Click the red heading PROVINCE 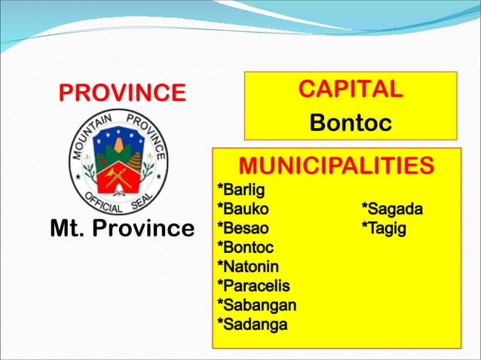coord(122,93)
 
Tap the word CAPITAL coord(350,89)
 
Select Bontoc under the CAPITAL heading coord(351,123)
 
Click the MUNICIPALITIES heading coord(336,166)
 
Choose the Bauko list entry coord(243,208)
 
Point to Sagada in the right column coord(392,208)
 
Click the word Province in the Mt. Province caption coord(146,228)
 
